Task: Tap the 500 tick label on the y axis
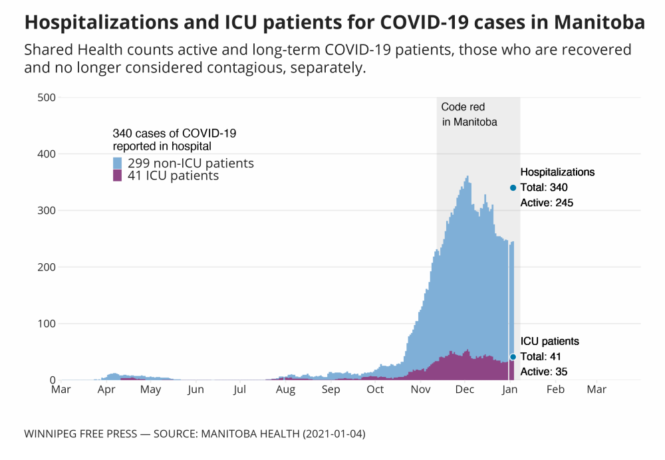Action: pos(47,98)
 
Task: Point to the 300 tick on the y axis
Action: pos(47,211)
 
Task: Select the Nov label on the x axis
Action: pos(420,390)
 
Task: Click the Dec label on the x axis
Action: pos(464,390)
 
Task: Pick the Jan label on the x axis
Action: pos(509,390)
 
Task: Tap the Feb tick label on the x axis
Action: pos(555,390)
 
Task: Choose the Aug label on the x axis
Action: pos(286,390)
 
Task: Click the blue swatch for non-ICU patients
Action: pos(118,164)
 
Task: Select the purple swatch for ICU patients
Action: pos(118,175)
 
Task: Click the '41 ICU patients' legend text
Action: pos(172,176)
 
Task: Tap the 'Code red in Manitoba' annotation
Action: pos(470,114)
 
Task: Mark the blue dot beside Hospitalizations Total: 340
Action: pos(513,187)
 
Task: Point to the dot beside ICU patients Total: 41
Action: pos(513,357)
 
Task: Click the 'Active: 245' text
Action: pos(547,203)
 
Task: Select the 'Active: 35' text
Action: pos(544,372)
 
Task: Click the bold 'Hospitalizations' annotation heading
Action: pos(557,172)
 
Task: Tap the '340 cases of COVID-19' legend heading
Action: pos(174,133)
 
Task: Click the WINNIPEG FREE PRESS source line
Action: pos(194,434)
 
